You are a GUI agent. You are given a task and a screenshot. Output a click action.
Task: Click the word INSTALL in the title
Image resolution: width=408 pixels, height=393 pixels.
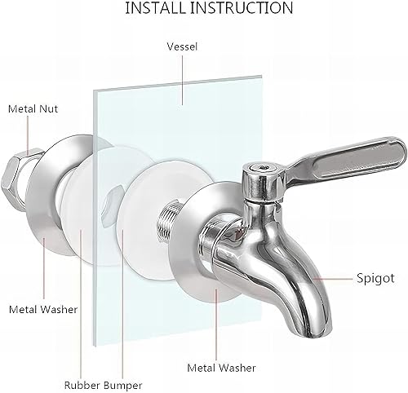tap(156, 7)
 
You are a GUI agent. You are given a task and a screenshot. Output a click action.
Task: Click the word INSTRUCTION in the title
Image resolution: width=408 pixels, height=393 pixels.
tap(242, 7)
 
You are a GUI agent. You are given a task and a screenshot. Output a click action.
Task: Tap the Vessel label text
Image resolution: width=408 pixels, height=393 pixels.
tap(182, 46)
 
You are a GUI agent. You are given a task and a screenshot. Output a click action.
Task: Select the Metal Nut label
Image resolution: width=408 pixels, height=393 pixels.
tap(33, 109)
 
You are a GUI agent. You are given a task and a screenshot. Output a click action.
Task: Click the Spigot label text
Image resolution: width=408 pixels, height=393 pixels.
tap(375, 278)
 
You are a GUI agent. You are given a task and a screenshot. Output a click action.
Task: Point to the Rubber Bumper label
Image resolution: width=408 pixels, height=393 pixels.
tap(103, 385)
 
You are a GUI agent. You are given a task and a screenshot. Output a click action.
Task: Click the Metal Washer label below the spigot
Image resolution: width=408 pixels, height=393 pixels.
tap(221, 368)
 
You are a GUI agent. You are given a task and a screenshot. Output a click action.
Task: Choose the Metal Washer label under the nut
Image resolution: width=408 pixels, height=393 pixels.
tap(43, 310)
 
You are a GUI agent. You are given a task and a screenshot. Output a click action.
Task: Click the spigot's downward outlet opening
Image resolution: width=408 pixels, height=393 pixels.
tap(320, 333)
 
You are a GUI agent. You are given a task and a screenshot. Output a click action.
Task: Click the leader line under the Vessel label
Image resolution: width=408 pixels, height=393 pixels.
tap(182, 79)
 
